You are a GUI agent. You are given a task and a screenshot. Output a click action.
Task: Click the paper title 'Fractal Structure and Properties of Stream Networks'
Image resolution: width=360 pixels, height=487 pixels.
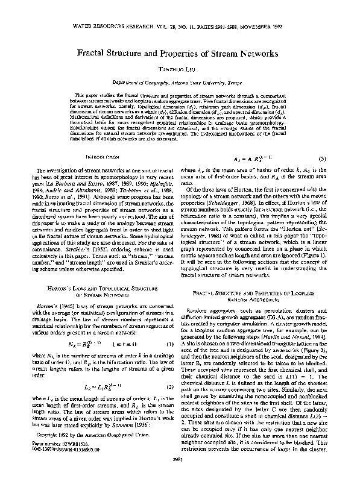tap(180, 53)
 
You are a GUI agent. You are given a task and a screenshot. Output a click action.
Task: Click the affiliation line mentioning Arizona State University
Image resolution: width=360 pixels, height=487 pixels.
tap(180, 82)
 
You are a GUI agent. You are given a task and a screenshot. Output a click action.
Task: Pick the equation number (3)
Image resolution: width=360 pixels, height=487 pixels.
tap(323, 159)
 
